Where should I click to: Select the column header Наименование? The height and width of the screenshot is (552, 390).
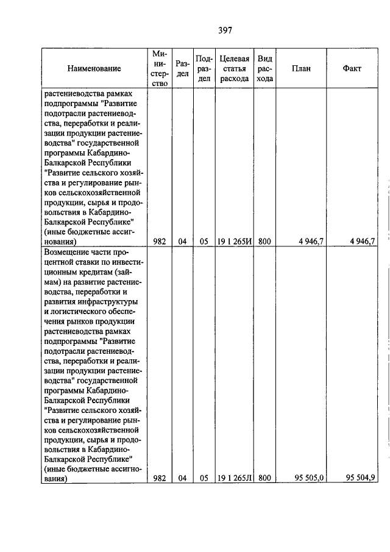(x=94, y=68)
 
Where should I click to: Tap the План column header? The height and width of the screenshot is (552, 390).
(x=301, y=68)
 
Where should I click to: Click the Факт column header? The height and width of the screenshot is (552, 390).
(x=352, y=68)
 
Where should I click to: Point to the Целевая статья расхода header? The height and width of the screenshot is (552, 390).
(x=235, y=68)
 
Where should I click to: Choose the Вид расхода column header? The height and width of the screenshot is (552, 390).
(x=264, y=68)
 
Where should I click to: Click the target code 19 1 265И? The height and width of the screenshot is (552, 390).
(x=235, y=242)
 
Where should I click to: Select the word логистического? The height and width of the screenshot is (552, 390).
(x=79, y=312)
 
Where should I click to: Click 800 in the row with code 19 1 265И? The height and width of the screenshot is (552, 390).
(x=264, y=242)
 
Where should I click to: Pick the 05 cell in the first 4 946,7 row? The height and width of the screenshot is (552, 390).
(x=204, y=242)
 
